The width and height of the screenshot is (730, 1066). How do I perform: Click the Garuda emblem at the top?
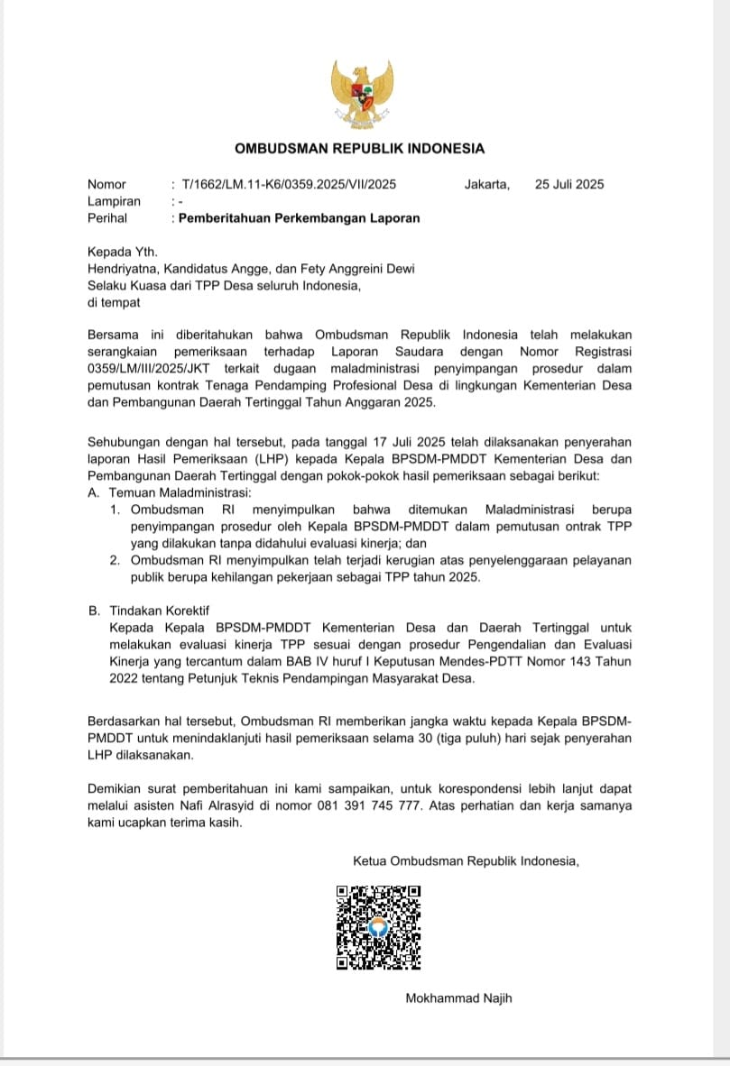(x=360, y=96)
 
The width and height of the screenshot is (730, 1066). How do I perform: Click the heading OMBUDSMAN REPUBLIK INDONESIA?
(x=359, y=149)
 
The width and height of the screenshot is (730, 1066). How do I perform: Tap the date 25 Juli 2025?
(x=568, y=185)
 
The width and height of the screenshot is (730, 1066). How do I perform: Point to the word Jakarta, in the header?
(x=486, y=185)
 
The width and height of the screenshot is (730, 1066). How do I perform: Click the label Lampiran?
(x=114, y=202)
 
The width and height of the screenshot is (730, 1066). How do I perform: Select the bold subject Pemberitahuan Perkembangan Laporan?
(x=299, y=218)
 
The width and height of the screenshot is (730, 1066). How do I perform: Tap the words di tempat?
(x=114, y=303)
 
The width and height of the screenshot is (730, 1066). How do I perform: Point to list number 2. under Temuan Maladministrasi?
(x=115, y=560)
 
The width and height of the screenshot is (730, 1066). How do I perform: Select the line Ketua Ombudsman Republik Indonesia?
(x=466, y=861)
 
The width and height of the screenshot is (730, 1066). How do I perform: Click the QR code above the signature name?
(x=378, y=927)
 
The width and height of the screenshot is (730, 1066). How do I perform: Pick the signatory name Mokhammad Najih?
(x=459, y=998)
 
